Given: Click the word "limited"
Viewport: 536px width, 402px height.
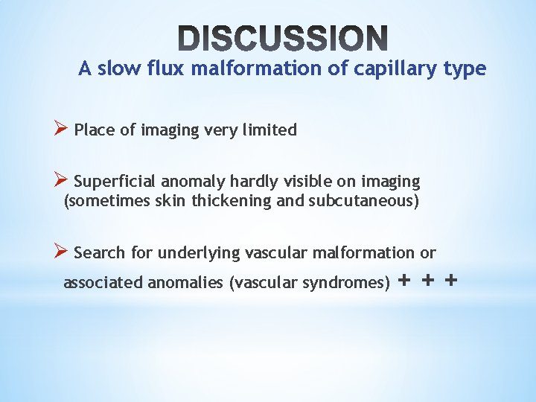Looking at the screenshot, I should [x=271, y=130].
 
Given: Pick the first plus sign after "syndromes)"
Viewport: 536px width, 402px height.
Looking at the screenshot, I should [x=404, y=281].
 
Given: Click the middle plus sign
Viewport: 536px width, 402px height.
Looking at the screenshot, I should [x=427, y=281].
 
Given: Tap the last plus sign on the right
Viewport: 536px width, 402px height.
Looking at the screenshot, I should [x=450, y=281].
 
